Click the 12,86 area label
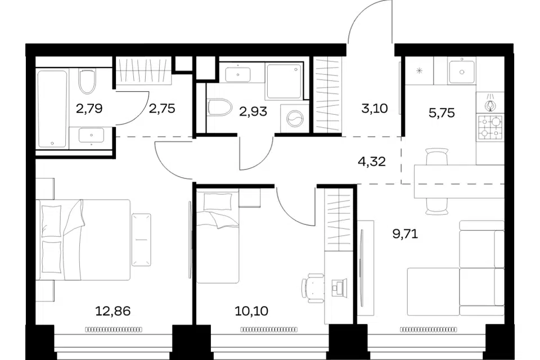point(112,311)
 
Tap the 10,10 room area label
point(251,311)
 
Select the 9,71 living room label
point(406,234)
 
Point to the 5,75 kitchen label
point(442,112)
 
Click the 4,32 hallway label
point(372,161)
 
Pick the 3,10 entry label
point(375,109)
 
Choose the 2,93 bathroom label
point(253,111)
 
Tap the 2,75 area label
point(162,109)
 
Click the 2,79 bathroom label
point(89,109)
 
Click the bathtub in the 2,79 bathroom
point(52,109)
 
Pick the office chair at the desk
point(313,288)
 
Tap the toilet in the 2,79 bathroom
point(87,82)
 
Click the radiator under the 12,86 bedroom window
point(114,330)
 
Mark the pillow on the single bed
point(218,201)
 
